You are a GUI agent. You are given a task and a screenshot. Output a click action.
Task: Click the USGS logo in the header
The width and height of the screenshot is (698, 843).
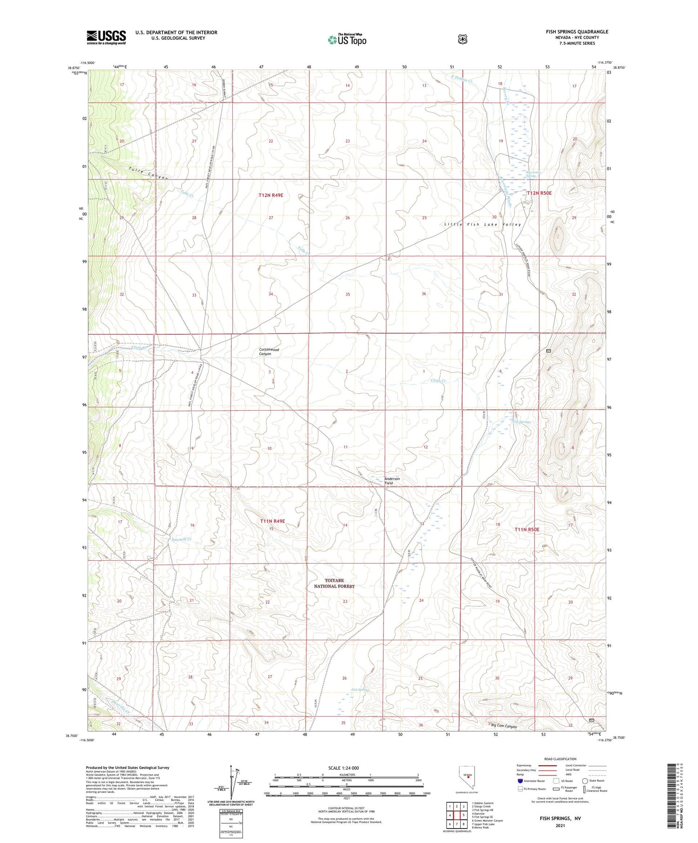(106, 37)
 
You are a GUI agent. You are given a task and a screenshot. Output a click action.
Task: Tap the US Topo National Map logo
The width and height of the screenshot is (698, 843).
(347, 39)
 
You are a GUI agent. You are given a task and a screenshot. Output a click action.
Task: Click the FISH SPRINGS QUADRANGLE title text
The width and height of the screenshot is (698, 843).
(577, 32)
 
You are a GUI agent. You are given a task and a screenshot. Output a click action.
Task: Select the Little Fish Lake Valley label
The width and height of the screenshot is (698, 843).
(483, 224)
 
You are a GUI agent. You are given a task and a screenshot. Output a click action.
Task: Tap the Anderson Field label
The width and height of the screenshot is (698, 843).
(392, 481)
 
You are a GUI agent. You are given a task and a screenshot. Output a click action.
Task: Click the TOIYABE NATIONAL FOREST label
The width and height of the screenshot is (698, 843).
(334, 583)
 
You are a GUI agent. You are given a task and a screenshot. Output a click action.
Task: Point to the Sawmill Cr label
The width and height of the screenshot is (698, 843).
(181, 539)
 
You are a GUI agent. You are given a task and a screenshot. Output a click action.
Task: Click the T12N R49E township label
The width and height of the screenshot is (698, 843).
(271, 195)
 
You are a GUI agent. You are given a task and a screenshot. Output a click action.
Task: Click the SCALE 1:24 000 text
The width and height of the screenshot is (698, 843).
(344, 768)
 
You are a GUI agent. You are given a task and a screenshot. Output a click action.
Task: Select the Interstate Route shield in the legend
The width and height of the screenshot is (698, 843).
(520, 781)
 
